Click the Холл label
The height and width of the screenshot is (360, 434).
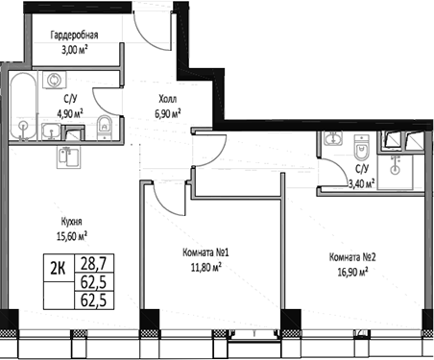(168, 98)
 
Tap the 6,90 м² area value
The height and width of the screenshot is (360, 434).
(168, 111)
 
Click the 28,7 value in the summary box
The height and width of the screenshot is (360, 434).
(93, 263)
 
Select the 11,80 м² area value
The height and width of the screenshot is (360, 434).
(208, 269)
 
